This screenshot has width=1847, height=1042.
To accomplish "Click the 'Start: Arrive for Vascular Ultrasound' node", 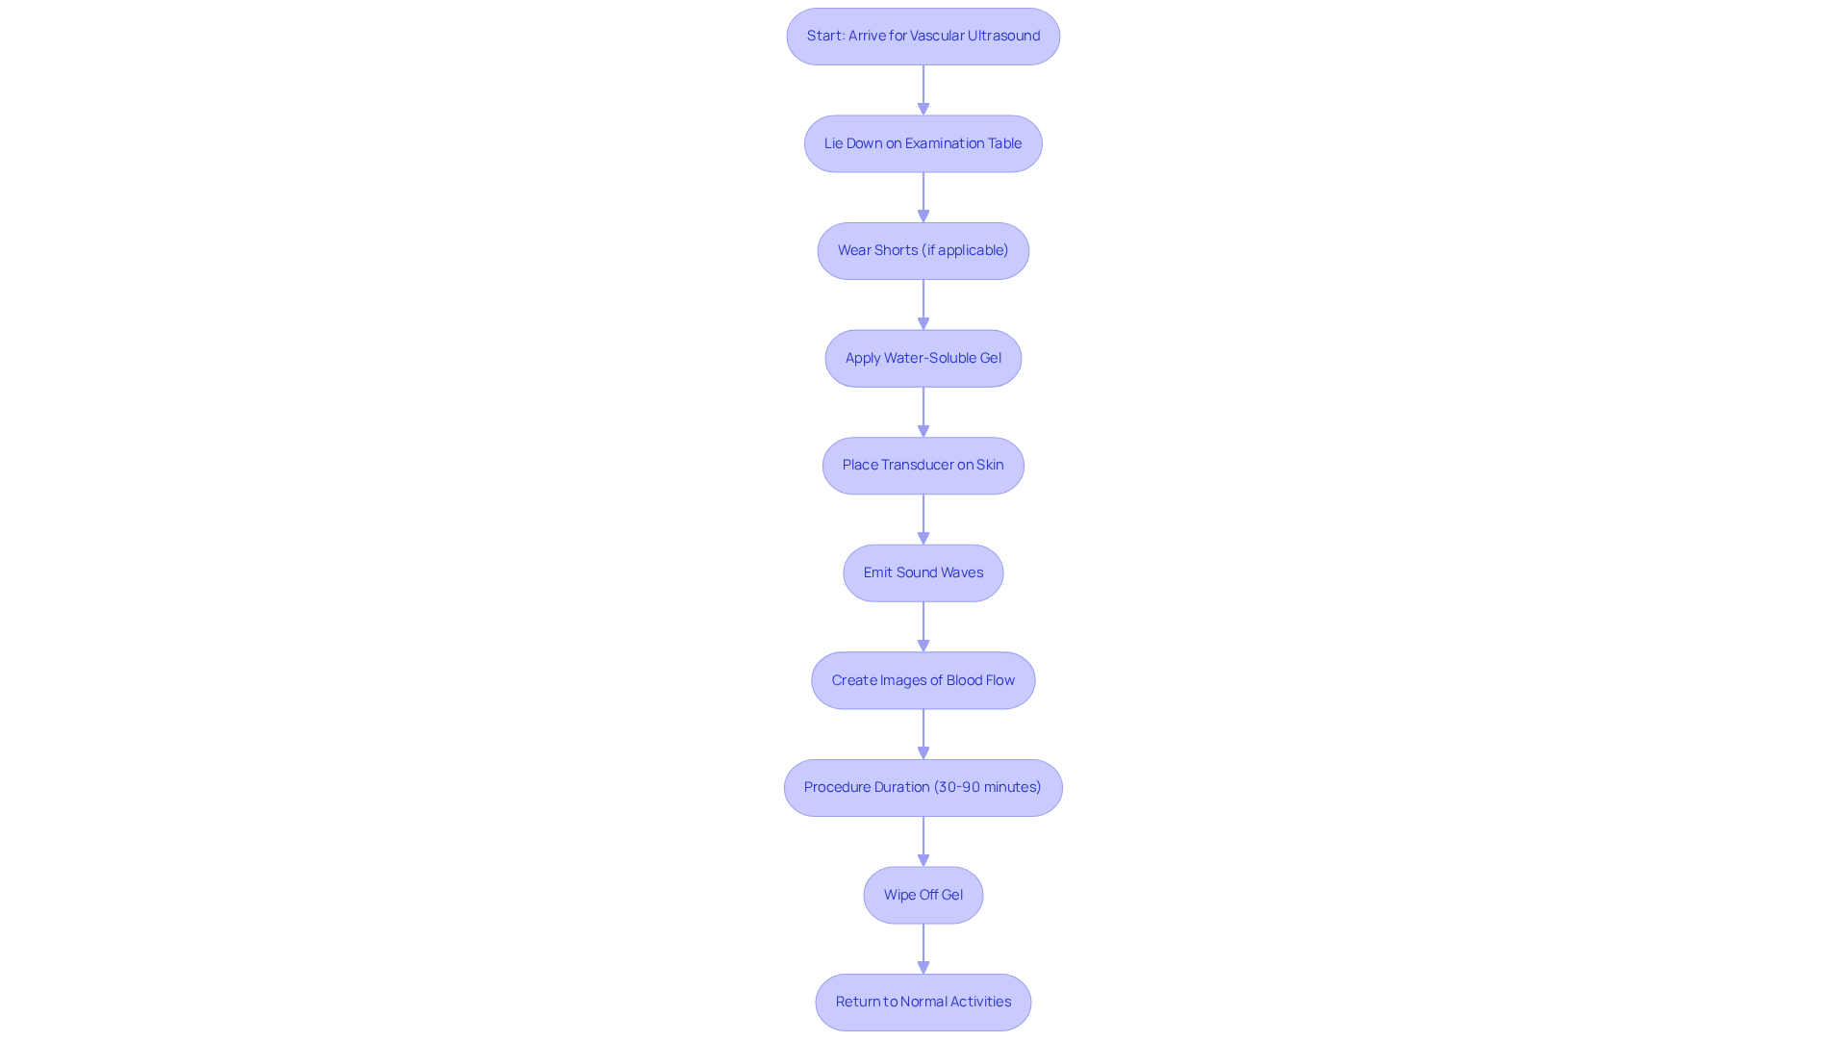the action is [923, 37].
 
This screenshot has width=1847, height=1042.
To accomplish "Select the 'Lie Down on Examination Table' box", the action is [923, 144].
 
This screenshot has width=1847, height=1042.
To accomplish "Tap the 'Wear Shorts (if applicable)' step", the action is [923, 251].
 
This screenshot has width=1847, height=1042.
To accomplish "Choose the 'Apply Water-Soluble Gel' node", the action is [923, 359].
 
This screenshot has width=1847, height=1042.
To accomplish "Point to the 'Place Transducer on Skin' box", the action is [923, 466].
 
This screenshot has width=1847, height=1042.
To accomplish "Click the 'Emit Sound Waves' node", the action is [923, 573].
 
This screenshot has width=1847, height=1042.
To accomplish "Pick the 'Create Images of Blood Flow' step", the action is [923, 681].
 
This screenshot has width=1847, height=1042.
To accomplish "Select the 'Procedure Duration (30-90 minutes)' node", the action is [923, 788].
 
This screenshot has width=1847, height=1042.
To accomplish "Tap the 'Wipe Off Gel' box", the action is [923, 896].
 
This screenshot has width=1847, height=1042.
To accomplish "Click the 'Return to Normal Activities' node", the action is [923, 1003].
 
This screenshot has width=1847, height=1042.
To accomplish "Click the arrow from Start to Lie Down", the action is [923, 90].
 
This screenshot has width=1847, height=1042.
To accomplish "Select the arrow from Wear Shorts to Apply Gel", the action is [923, 305].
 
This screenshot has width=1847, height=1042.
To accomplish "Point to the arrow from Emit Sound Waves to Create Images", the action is [923, 627].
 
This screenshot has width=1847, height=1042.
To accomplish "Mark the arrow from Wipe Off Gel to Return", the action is [923, 949].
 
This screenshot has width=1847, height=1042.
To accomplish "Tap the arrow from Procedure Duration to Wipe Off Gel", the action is [923, 842].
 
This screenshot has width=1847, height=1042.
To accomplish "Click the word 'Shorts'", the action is [897, 250].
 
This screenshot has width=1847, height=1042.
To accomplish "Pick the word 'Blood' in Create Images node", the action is [964, 680].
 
